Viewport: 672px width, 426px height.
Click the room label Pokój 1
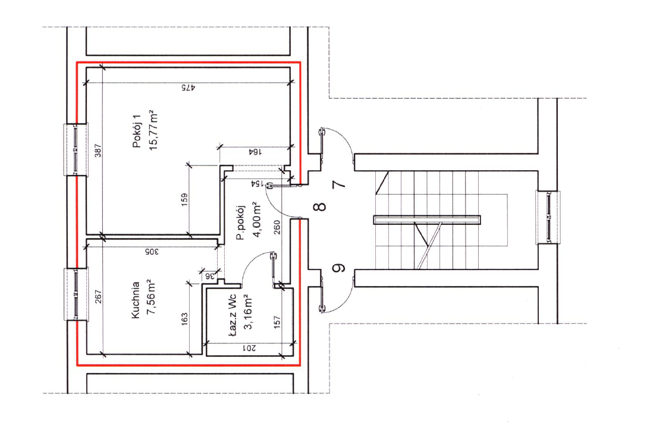(137, 133)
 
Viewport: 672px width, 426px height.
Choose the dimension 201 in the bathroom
(250, 349)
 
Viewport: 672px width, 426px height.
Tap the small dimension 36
(209, 275)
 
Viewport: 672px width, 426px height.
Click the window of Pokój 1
(76, 149)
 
